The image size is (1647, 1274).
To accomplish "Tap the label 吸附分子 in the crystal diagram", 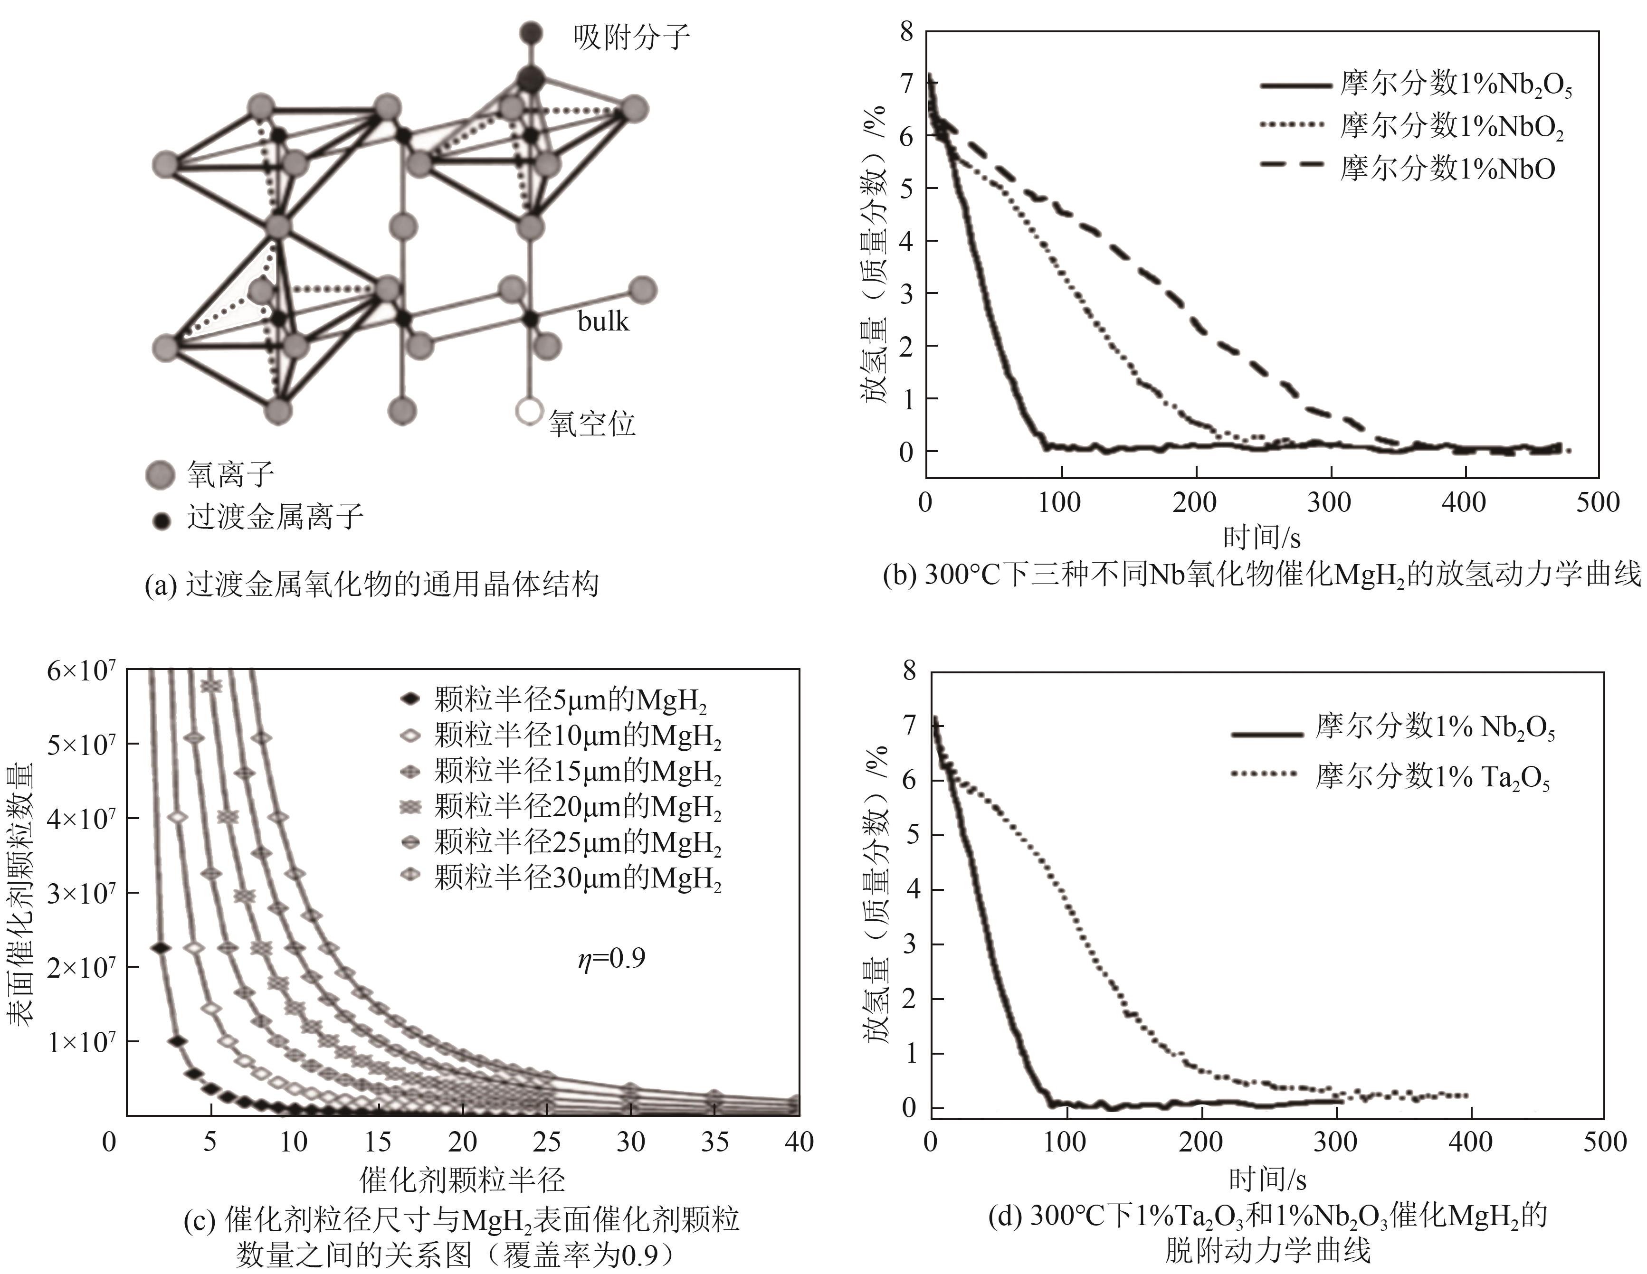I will point(631,37).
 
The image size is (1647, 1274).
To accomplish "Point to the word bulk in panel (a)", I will point(602,322).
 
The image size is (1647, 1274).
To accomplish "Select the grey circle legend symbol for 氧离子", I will point(160,475).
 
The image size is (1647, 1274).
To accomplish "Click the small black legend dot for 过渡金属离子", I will point(160,519).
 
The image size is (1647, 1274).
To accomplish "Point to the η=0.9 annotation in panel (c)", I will point(611,958).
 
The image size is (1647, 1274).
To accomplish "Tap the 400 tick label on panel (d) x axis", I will point(1470,1142).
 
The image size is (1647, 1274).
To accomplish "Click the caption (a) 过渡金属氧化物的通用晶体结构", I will point(372,584).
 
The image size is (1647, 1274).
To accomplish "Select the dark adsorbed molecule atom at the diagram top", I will point(531,33).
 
